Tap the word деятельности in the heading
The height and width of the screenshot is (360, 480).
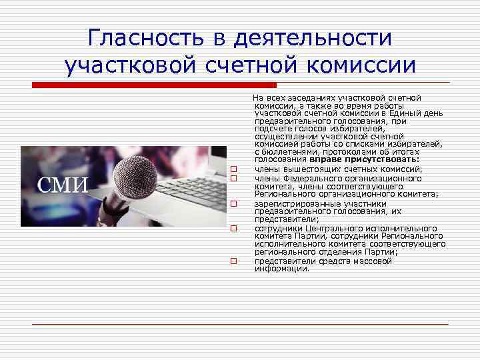[313, 37]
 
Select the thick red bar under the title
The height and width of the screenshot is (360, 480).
[153, 85]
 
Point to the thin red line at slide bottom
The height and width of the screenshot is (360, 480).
[240, 324]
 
